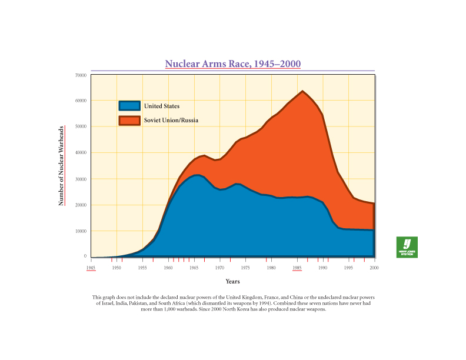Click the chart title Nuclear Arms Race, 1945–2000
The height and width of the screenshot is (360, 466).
(233, 64)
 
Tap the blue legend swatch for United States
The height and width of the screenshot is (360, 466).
(129, 106)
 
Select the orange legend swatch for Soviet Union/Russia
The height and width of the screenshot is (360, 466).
(129, 120)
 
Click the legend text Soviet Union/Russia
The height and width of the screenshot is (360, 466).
(171, 120)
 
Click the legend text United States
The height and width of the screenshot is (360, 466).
(162, 106)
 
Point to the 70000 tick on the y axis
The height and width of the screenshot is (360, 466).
(81, 75)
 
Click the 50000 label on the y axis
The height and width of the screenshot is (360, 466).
(81, 126)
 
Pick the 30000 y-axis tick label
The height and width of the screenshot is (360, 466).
(81, 179)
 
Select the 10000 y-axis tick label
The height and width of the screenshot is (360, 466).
(81, 231)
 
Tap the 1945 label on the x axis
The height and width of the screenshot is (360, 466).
(91, 268)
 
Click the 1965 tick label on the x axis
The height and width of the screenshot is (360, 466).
(194, 268)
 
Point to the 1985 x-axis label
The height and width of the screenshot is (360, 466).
(297, 268)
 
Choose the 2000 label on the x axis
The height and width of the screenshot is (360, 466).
(374, 268)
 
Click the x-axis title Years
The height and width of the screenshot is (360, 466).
(232, 282)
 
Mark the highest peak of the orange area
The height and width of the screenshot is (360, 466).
(302, 91)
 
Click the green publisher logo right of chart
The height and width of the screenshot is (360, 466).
(407, 247)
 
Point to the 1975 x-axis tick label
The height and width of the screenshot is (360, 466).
(245, 268)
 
